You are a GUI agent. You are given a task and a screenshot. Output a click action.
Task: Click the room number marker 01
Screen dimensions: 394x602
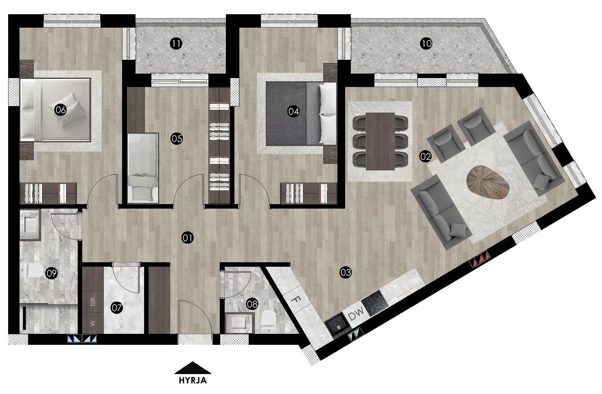187,238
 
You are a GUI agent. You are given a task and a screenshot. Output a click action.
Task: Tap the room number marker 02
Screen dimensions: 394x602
425,157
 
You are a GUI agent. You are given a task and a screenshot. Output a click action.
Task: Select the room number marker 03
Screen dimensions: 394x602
345,272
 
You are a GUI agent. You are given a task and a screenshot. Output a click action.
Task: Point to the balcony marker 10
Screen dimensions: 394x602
426,44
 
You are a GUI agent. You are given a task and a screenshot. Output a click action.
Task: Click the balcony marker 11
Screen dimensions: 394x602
176,44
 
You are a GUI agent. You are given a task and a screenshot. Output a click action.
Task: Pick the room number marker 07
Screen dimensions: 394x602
116,308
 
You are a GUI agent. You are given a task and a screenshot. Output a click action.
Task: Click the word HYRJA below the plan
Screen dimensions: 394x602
193,381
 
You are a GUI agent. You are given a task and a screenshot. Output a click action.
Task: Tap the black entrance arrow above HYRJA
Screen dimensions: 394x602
193,368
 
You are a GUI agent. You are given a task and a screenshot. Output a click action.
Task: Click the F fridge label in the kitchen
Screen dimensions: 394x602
296,300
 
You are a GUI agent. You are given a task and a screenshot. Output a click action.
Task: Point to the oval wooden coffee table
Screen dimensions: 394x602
488,182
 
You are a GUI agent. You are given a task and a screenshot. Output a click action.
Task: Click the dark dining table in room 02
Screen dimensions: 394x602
380,141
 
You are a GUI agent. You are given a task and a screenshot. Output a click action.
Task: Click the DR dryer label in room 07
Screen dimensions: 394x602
93,302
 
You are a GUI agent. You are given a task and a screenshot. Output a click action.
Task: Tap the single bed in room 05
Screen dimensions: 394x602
142,168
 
